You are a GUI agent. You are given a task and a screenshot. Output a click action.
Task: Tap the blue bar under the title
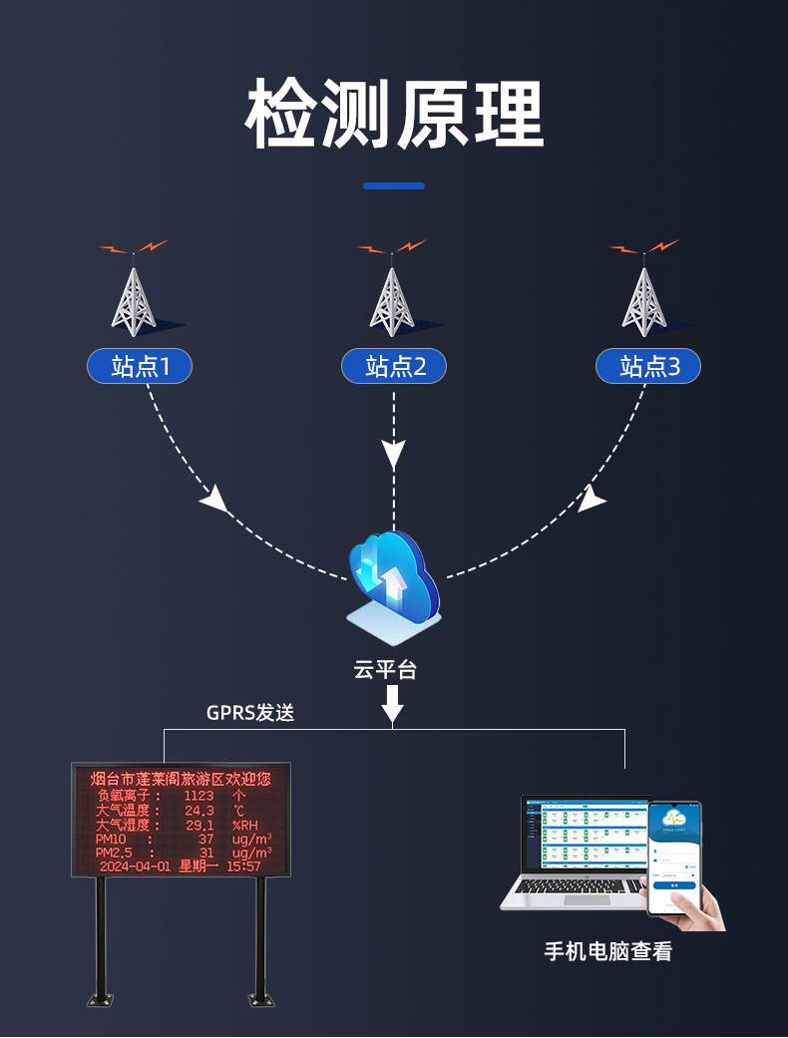click(394, 185)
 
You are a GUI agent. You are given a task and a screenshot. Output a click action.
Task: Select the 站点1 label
click(140, 367)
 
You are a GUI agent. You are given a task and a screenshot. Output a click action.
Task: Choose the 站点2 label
click(394, 367)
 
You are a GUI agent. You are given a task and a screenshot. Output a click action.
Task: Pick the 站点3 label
click(648, 367)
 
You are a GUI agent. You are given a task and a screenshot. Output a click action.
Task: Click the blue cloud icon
click(393, 578)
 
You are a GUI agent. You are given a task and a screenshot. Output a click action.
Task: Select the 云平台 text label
click(385, 669)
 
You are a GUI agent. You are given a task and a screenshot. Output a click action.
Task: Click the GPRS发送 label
click(250, 713)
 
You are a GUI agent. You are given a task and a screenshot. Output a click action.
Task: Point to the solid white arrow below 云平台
click(393, 703)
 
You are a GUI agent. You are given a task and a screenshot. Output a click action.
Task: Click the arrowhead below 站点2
click(394, 456)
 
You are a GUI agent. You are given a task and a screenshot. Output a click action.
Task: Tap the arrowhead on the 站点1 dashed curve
click(213, 499)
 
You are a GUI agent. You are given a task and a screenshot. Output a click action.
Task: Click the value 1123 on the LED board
click(199, 796)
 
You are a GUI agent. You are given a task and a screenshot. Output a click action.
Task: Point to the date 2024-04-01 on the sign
click(135, 866)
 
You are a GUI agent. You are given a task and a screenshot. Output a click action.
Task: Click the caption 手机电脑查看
click(608, 951)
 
